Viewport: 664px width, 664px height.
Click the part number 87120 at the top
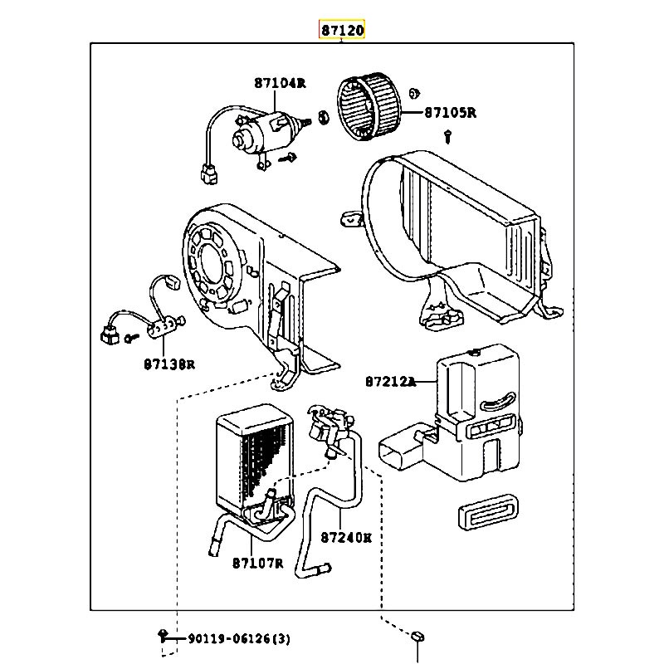(x=342, y=31)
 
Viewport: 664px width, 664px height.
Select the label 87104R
(x=281, y=83)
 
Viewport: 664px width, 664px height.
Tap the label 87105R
(x=450, y=113)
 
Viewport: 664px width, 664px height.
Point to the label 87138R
(x=168, y=364)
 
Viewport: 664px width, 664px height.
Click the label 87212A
(x=389, y=382)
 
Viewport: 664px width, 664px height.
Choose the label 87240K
(x=345, y=537)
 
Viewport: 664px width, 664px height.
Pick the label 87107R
(x=258, y=564)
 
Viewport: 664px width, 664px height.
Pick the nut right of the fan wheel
(x=415, y=92)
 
